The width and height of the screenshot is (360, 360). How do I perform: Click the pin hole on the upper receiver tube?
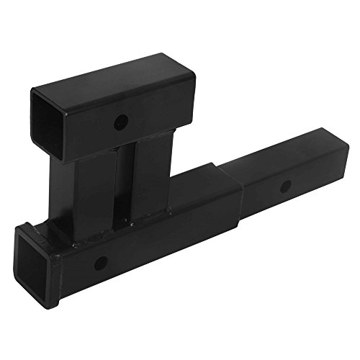(122, 120)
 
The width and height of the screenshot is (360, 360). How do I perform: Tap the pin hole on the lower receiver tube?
(101, 261)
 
